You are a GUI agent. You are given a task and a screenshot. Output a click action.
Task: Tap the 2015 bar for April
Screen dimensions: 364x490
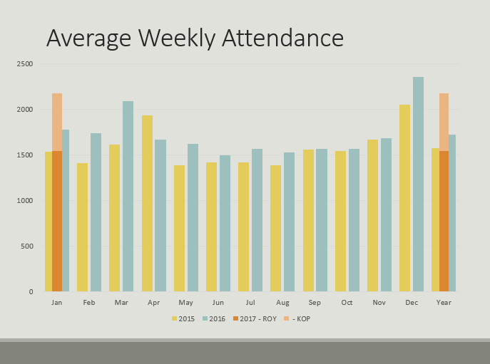(x=147, y=203)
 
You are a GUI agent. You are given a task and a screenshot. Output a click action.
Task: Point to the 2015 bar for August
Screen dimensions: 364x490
(x=275, y=228)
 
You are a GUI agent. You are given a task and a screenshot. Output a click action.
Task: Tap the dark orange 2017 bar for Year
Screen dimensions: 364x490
(x=444, y=221)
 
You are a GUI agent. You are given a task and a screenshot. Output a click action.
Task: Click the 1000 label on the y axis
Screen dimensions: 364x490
(x=25, y=201)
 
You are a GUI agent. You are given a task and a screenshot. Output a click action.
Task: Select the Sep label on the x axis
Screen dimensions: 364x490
(x=315, y=303)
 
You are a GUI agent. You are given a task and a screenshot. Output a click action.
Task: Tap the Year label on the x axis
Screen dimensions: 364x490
(x=443, y=303)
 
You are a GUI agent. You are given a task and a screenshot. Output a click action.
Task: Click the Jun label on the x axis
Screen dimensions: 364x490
(x=218, y=303)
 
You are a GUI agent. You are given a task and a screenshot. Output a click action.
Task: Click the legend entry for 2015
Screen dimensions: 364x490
(x=185, y=318)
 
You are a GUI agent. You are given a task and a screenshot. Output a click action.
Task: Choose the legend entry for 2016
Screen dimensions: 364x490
(x=216, y=318)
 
